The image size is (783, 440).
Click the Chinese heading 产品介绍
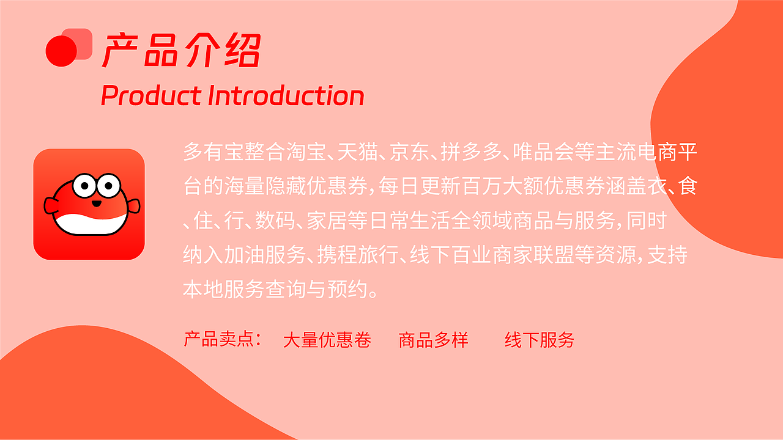point(181,50)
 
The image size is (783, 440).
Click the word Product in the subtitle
point(151,95)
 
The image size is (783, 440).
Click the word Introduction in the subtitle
point(286,95)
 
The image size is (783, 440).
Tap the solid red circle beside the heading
point(61,51)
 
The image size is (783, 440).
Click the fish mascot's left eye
point(84,185)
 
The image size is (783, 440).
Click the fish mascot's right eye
point(109,185)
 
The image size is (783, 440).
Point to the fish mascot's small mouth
point(97,204)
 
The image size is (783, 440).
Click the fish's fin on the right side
point(134,206)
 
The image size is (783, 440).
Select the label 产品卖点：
point(223,339)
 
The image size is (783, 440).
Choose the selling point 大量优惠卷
point(327,339)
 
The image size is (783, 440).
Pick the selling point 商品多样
point(433,339)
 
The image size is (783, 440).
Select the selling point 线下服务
point(540,339)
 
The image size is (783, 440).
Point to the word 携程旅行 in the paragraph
point(358,255)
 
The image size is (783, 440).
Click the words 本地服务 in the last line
point(224,289)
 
